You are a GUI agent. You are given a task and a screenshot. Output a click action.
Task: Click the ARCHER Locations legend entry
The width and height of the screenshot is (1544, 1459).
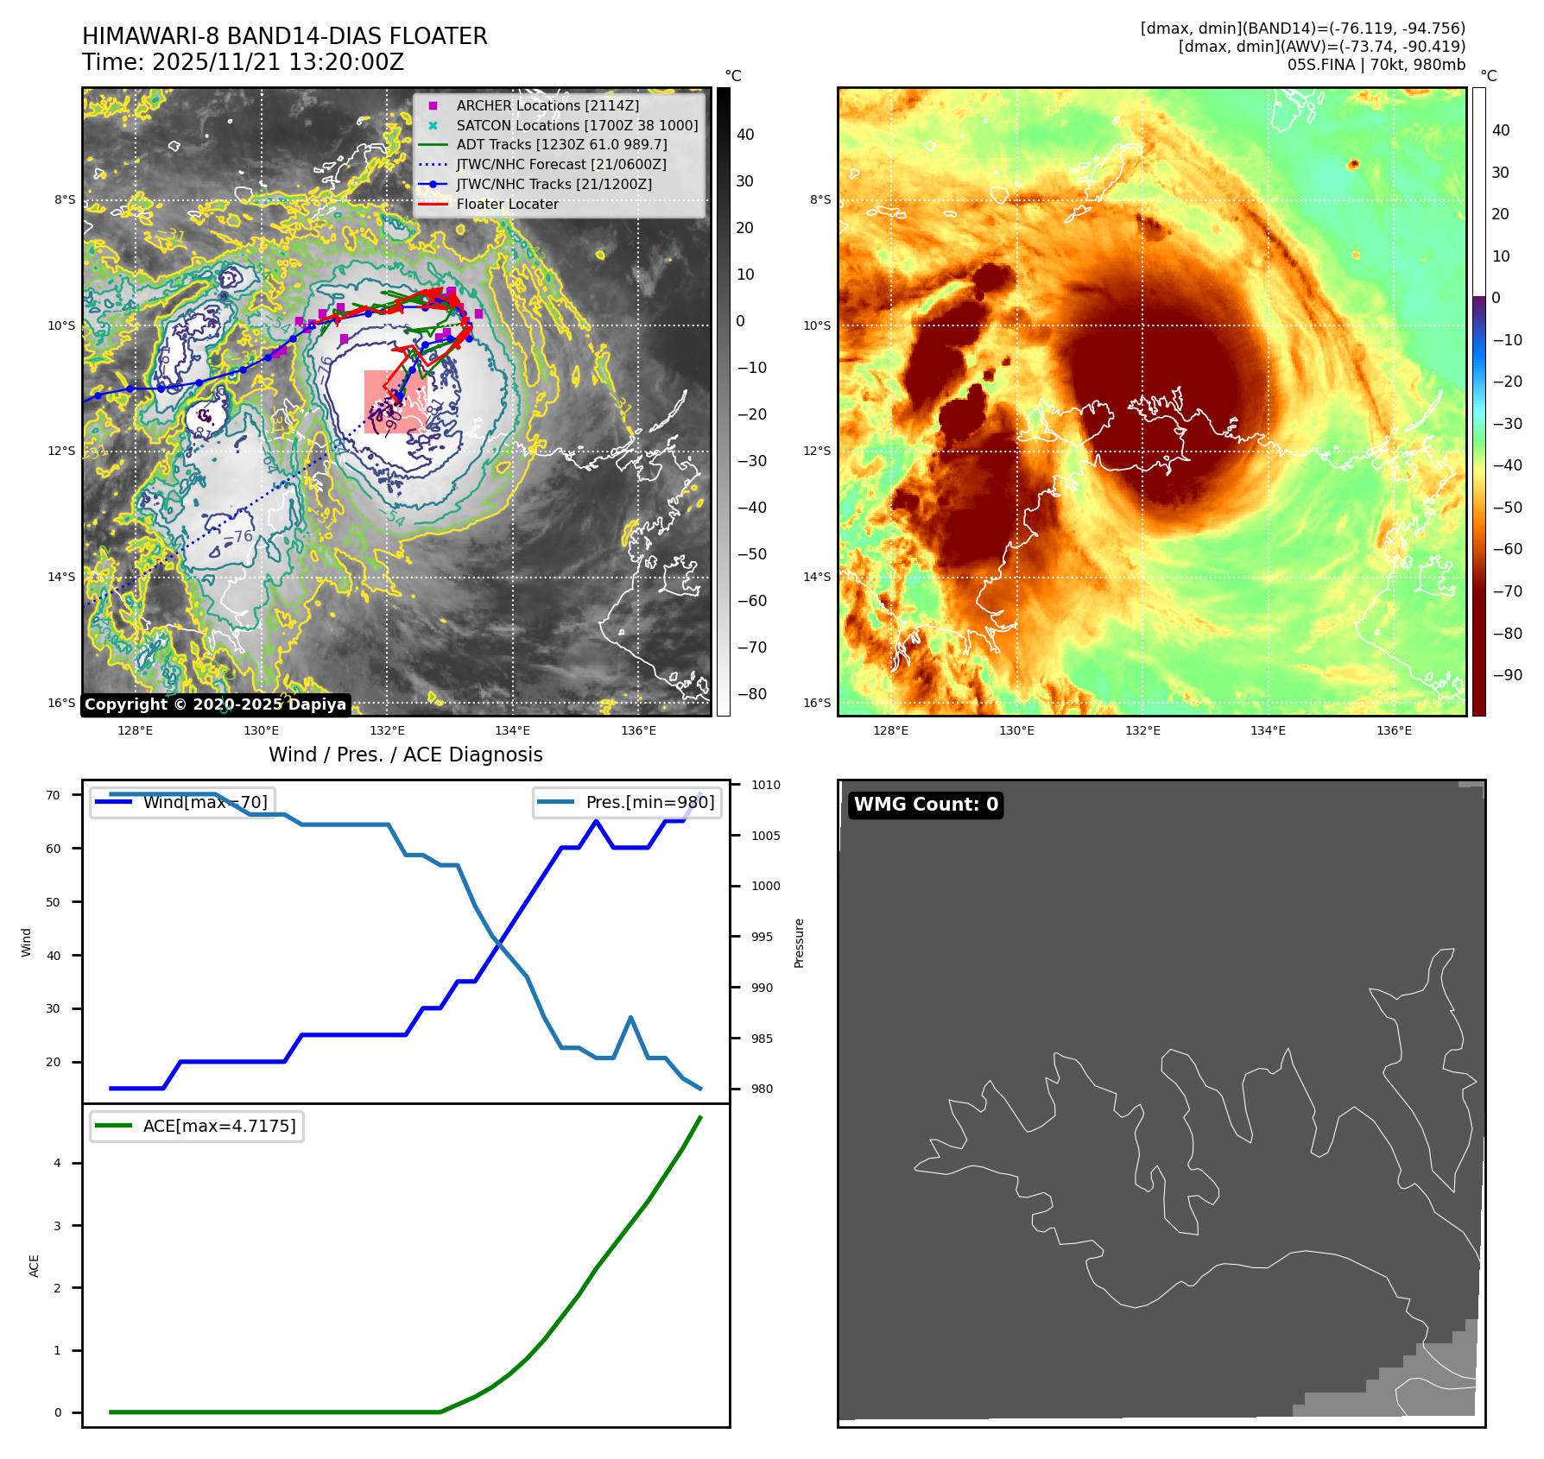(x=547, y=105)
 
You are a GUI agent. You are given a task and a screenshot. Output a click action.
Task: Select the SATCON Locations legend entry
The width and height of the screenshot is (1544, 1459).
(x=576, y=125)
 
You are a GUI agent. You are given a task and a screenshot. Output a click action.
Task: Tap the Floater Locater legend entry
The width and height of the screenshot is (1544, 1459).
(x=507, y=205)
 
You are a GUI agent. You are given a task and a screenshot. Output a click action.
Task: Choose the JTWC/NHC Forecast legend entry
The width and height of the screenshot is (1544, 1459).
(x=560, y=165)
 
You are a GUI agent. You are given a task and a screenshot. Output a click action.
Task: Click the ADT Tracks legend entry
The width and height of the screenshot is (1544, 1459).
(x=561, y=145)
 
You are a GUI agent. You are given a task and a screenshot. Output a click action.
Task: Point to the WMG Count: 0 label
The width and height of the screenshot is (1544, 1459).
(x=926, y=805)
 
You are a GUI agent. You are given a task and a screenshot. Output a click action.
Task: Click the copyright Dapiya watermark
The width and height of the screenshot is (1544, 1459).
(x=215, y=704)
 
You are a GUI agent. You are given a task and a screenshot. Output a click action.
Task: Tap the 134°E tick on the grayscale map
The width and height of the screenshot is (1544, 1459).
(x=512, y=730)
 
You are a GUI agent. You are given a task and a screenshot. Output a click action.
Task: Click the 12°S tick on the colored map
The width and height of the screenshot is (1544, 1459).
(x=817, y=452)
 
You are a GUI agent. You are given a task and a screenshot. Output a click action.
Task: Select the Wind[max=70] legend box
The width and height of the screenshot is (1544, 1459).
(x=182, y=802)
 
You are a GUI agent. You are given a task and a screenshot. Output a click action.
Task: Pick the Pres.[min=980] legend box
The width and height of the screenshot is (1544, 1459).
(x=627, y=803)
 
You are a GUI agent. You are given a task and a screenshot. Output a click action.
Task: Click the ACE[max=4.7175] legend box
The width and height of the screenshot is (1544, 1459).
(x=197, y=1126)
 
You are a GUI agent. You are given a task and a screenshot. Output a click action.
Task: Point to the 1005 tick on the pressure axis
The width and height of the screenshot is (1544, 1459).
(x=765, y=836)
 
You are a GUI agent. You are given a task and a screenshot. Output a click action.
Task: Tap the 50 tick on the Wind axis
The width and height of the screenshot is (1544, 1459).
(x=54, y=902)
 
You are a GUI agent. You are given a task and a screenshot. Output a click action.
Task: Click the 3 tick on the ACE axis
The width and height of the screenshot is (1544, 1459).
(x=58, y=1226)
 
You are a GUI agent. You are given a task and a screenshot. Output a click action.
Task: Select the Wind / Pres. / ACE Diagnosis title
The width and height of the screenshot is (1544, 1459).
(x=405, y=755)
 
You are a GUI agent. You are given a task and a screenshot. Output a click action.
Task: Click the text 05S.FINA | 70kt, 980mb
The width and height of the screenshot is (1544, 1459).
(x=1376, y=65)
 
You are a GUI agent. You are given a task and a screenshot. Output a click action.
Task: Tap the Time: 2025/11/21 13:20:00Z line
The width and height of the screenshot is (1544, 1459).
(x=243, y=62)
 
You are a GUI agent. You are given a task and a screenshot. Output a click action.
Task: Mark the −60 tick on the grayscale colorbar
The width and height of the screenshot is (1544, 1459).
(x=751, y=601)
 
